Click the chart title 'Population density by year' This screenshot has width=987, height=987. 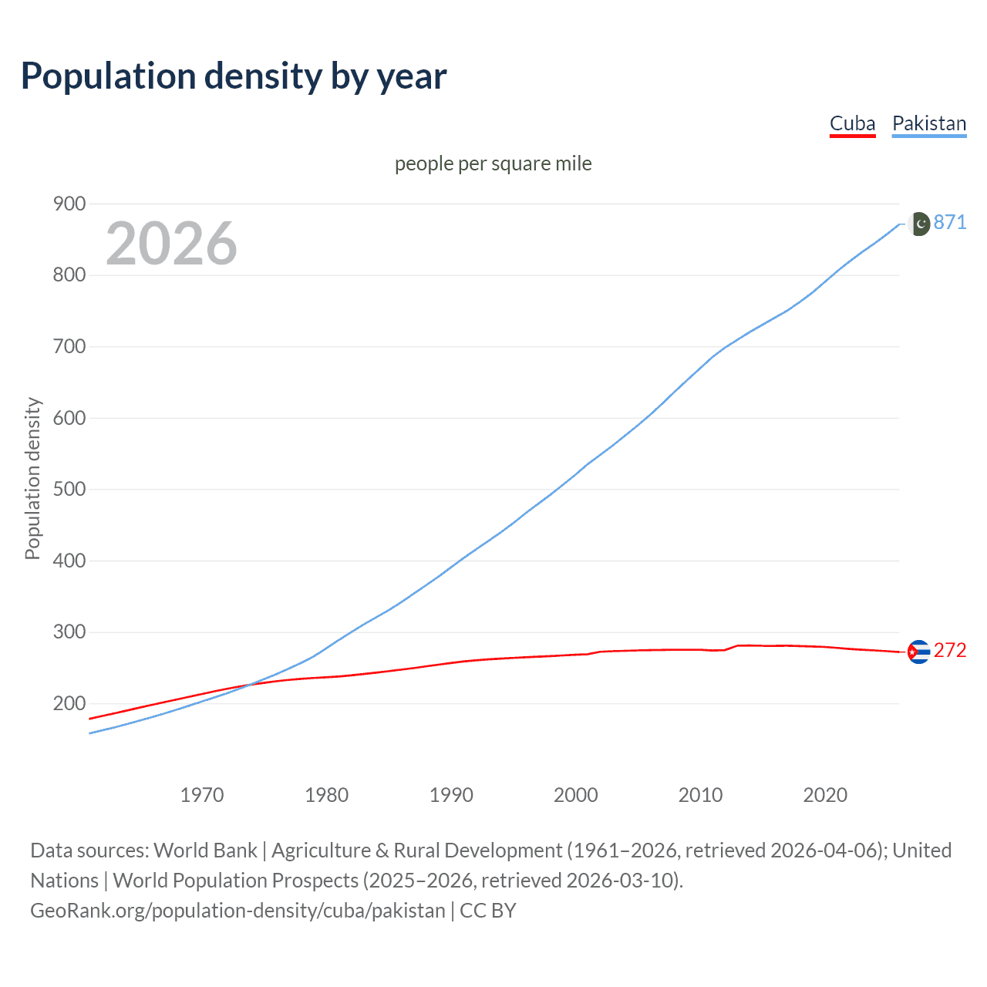coord(234,76)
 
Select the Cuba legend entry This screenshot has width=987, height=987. coord(852,123)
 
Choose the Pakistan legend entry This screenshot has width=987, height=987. coord(928,123)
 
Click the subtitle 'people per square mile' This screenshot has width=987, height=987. coord(493,163)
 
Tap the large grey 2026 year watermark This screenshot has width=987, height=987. coord(171,244)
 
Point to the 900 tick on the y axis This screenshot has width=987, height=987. coord(69,204)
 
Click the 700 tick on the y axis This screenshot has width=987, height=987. coord(69,346)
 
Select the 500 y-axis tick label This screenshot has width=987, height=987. coord(69,489)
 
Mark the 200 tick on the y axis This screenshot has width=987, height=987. coord(69,703)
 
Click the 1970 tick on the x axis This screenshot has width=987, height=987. coord(202,794)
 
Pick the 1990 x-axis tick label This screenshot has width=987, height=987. coord(451,794)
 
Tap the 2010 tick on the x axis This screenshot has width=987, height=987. coord(700,794)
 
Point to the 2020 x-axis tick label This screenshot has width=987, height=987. coord(825,794)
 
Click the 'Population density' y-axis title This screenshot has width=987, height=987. coord(32,478)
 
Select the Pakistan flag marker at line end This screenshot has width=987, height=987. coord(918,224)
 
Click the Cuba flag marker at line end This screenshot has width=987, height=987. coord(918,652)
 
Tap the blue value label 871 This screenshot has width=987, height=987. coord(950,222)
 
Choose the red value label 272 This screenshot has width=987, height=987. coord(950,650)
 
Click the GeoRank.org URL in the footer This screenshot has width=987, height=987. coord(237,911)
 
